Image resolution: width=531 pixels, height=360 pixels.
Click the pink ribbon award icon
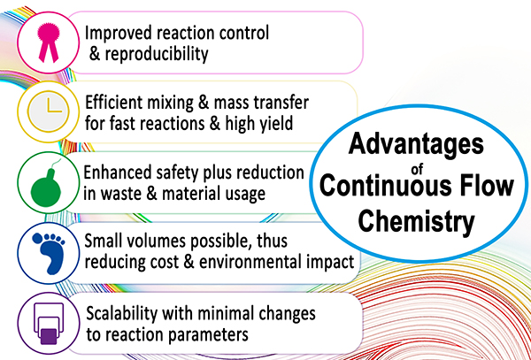pyautogui.click(x=48, y=43)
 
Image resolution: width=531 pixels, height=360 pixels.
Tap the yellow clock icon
pyautogui.click(x=48, y=111)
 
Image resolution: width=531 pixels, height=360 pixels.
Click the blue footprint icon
pyautogui.click(x=49, y=253)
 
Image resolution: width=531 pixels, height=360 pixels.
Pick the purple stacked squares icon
pyautogui.click(x=49, y=323)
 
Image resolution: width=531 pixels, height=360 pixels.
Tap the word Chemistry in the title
pyautogui.click(x=416, y=221)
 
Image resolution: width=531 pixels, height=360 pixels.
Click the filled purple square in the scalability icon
pyautogui.click(x=49, y=336)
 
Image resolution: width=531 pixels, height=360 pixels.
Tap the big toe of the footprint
pyautogui.click(x=37, y=239)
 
